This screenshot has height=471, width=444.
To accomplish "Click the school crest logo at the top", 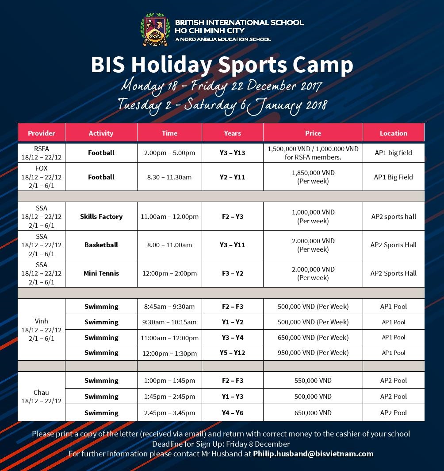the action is click(155, 29).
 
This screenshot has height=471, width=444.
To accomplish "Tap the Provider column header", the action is click(42, 133).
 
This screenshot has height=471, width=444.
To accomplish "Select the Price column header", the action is click(313, 133).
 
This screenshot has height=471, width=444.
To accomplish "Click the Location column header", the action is click(394, 133).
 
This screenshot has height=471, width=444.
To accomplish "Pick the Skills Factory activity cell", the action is click(101, 217).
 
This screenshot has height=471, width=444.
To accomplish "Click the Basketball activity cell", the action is click(101, 245).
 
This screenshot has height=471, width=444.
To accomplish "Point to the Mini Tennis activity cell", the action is click(101, 273).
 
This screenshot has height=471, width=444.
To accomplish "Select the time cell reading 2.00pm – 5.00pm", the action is click(170, 153).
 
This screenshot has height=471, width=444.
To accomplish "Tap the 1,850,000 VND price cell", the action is click(313, 177).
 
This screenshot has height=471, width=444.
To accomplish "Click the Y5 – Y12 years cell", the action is click(232, 353).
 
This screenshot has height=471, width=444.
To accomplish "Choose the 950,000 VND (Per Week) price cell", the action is click(313, 353).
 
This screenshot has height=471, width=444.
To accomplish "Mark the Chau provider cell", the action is click(42, 397).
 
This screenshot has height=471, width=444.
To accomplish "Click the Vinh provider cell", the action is click(42, 330).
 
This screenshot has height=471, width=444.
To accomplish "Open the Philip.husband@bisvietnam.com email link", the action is click(313, 454).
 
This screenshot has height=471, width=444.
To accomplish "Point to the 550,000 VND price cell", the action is click(313, 380).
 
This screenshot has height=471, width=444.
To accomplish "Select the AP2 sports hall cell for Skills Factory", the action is click(394, 217).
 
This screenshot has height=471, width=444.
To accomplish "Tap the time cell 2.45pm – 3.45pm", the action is click(170, 413).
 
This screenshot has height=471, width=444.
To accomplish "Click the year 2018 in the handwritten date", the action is click(316, 105).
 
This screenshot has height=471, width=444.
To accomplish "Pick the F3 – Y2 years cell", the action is click(232, 273).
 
